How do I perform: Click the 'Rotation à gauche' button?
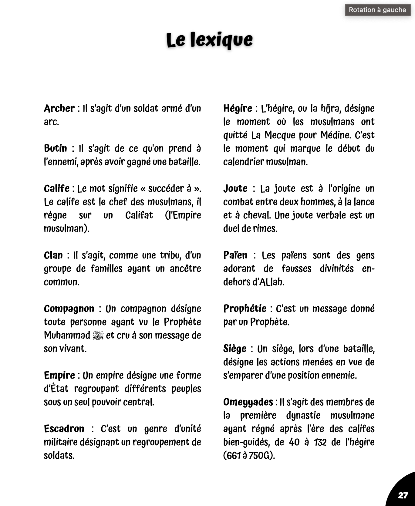(x=377, y=10)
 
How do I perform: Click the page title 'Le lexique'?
(x=209, y=40)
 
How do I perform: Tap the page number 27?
(x=403, y=495)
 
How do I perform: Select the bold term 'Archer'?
(x=59, y=108)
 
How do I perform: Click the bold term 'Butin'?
(x=56, y=148)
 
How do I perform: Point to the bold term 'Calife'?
(x=57, y=188)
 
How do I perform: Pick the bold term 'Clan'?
(x=53, y=255)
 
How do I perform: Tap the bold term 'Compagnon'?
(x=69, y=309)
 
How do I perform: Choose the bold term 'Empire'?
(x=59, y=375)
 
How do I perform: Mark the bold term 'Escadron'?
(x=64, y=429)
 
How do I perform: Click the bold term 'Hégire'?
(x=238, y=108)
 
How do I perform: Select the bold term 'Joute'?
(x=235, y=188)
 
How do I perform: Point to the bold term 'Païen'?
(x=235, y=255)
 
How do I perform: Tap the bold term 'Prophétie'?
(x=245, y=309)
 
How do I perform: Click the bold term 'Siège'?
(x=235, y=349)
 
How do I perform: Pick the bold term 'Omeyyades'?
(x=248, y=402)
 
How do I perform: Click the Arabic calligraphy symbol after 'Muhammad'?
(x=98, y=336)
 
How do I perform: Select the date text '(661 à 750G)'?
(x=249, y=455)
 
